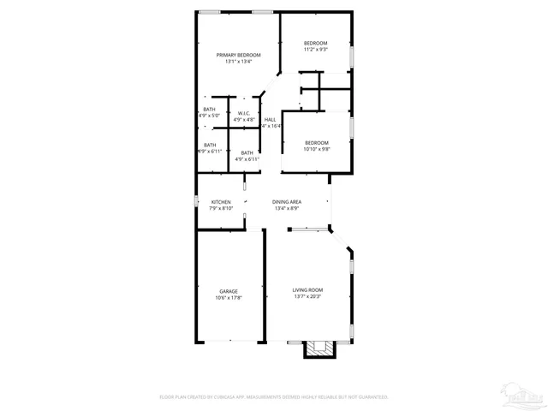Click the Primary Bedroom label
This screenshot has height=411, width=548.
click(x=238, y=55)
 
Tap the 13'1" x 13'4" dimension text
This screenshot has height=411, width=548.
click(x=238, y=62)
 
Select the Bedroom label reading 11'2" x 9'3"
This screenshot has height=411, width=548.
click(x=316, y=43)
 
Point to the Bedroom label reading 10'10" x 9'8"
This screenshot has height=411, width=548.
click(x=316, y=143)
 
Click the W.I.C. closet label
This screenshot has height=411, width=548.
click(x=244, y=113)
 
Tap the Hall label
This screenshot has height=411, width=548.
click(x=270, y=119)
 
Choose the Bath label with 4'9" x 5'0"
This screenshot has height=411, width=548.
click(x=210, y=109)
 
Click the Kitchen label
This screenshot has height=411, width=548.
click(x=221, y=202)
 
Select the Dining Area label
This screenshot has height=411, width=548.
click(x=287, y=202)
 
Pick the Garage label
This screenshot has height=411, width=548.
click(x=228, y=291)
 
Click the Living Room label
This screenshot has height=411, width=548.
click(x=308, y=291)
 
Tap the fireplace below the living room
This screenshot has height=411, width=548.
click(x=321, y=348)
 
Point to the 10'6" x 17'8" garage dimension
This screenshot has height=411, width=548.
click(x=228, y=298)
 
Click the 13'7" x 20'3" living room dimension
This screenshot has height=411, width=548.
click(x=308, y=298)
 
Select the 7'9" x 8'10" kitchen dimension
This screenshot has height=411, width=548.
click(x=221, y=209)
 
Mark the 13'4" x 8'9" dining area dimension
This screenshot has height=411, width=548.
click(x=287, y=209)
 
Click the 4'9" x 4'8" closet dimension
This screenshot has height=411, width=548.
click(x=244, y=120)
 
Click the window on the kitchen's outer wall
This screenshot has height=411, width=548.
click(x=197, y=203)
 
